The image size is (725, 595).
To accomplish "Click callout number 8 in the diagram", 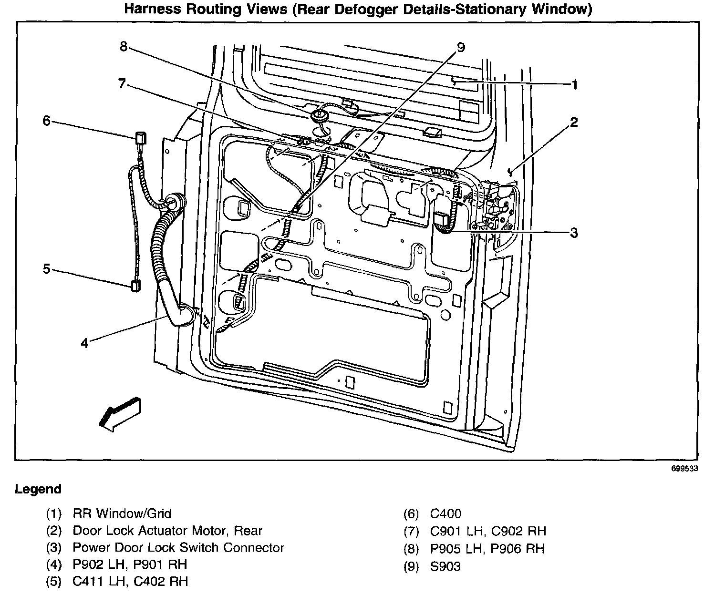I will coord(124,47).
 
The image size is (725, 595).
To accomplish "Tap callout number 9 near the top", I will coord(460,47).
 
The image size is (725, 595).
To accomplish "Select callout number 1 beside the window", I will coord(575,85).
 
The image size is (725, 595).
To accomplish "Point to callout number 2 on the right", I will coord(574,123).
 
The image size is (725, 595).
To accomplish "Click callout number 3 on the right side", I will coord(574,233).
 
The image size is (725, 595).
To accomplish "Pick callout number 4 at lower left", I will coord(84,343).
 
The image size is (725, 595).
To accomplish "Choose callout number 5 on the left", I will coord(46,269).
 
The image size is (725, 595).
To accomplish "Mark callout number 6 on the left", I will coord(46,121).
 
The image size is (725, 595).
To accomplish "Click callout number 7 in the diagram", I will coord(122,84).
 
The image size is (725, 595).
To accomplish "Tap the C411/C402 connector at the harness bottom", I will coord(135,286).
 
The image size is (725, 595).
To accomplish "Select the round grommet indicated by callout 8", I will coord(317,115).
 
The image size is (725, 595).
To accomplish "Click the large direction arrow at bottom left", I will coord(120,413).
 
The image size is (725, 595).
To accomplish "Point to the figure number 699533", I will coord(684,468).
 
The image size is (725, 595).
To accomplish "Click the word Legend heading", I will coord(38,489).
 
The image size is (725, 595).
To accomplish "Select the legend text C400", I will coord(445,513).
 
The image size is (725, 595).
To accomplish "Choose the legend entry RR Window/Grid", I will coord(122,513).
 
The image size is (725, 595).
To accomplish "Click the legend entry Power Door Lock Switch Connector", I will coord(178,548).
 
